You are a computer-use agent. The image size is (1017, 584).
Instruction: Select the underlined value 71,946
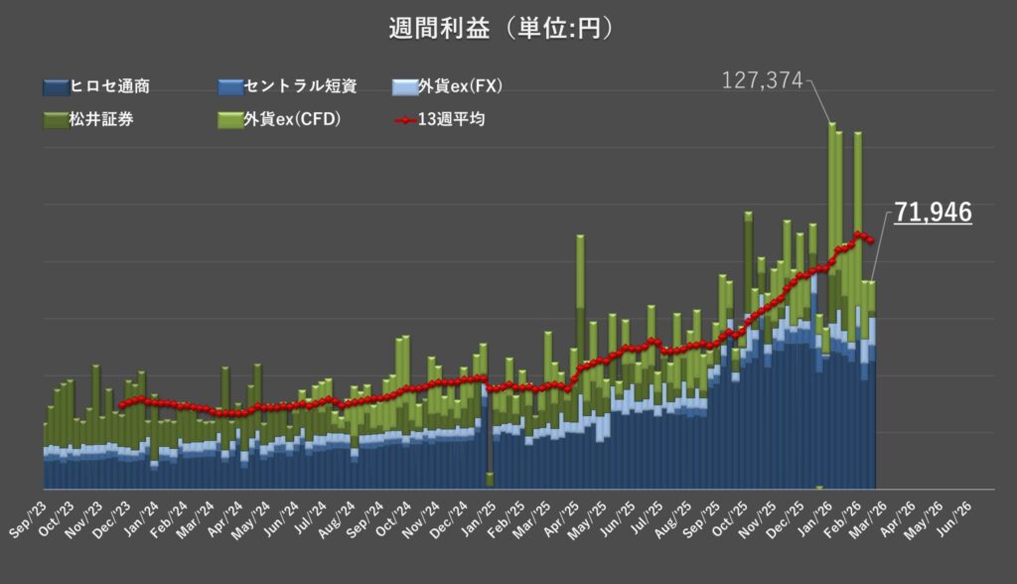pos(932,212)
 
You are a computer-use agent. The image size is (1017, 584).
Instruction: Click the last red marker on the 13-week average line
pos(871,240)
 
